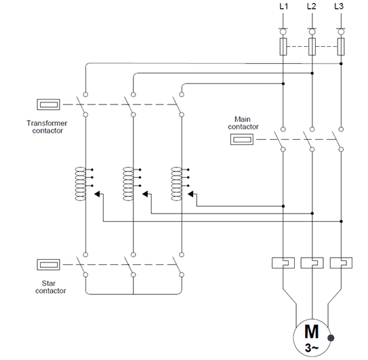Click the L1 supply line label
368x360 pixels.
[283, 6]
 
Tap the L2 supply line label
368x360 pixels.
[312, 6]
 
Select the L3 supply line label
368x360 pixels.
[339, 6]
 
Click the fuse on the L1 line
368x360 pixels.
[283, 47]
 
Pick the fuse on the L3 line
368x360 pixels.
[341, 47]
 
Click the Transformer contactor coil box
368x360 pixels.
[49, 104]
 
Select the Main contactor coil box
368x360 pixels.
[242, 140]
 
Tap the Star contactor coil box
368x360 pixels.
[49, 264]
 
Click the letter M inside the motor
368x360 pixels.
[312, 332]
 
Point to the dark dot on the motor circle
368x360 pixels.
[331, 338]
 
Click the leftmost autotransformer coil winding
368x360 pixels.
[80, 184]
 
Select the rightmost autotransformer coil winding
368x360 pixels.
[176, 184]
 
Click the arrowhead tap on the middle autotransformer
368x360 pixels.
[145, 194]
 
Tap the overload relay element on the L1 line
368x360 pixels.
[283, 263]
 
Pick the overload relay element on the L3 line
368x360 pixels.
[341, 263]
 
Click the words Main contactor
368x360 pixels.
[243, 123]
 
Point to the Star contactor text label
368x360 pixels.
[50, 287]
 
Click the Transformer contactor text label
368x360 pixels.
[47, 127]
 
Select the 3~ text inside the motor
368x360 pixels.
[312, 348]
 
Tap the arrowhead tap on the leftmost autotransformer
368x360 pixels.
[97, 194]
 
